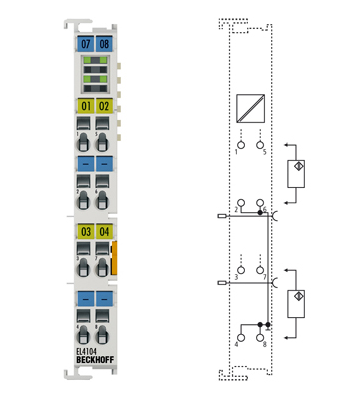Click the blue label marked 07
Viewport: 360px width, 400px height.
click(x=85, y=44)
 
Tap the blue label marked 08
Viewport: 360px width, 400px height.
click(x=104, y=44)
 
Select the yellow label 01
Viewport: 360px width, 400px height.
click(x=85, y=105)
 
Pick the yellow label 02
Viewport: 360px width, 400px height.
click(x=104, y=105)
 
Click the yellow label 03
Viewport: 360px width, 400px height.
click(x=85, y=232)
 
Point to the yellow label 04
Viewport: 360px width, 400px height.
click(x=104, y=232)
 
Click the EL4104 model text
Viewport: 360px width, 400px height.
click(x=88, y=352)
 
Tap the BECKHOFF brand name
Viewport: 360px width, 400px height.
click(x=94, y=361)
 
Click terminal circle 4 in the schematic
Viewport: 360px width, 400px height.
click(x=240, y=336)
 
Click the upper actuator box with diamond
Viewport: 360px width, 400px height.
click(x=297, y=171)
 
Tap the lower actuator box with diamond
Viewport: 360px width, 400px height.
click(x=297, y=299)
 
